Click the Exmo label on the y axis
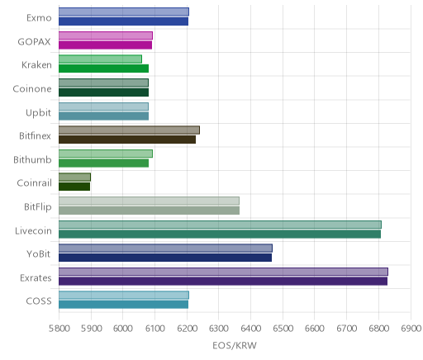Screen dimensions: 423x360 [x=39, y=18]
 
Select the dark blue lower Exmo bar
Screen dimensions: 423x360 [x=123, y=21]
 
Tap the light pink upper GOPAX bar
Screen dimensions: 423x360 [x=106, y=36]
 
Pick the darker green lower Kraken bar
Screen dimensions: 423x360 [x=103, y=69]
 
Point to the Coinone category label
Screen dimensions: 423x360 [x=32, y=89]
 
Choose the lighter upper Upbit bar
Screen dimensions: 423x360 [x=103, y=107]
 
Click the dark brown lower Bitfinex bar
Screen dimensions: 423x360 [x=127, y=140]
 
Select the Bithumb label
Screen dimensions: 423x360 [x=32, y=159]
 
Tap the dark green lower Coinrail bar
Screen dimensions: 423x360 [x=74, y=187]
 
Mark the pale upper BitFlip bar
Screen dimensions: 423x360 [x=149, y=201]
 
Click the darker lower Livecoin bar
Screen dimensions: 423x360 [x=220, y=234]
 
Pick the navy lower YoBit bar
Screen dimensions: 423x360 [x=165, y=258]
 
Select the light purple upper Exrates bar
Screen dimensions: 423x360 [x=223, y=272]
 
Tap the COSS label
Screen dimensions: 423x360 [x=39, y=301]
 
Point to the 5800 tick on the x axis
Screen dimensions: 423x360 [x=59, y=329]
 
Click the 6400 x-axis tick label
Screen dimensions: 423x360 [x=250, y=329]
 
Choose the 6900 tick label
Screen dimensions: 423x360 [x=411, y=329]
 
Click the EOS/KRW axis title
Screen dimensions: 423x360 [x=235, y=345]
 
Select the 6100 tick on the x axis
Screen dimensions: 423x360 [x=154, y=329]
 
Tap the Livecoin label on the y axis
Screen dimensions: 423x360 [x=33, y=230]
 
